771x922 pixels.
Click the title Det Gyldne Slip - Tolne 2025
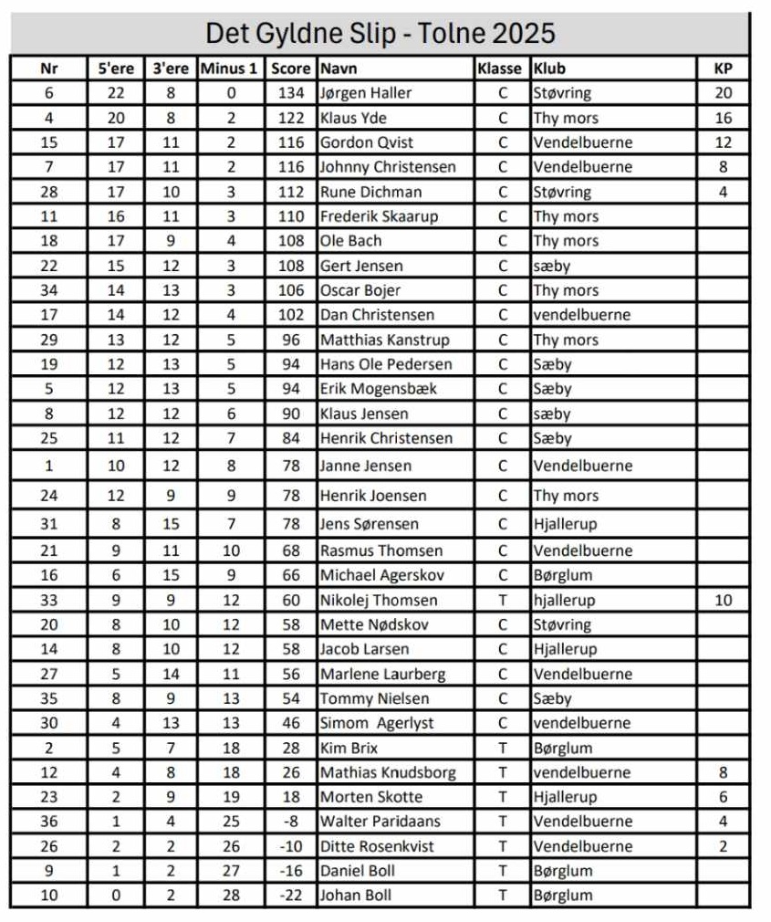[380, 34]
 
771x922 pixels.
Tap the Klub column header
[549, 68]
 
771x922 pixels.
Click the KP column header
[723, 68]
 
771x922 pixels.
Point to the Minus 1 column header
[229, 68]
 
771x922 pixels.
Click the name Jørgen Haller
[365, 93]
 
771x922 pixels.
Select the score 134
[290, 93]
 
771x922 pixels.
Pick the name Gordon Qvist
[366, 142]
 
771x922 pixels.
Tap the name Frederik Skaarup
[379, 216]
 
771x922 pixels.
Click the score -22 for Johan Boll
[290, 896]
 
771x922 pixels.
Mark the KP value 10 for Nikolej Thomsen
[723, 601]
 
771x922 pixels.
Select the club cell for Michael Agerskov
[563, 576]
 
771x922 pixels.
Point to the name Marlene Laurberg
[382, 675]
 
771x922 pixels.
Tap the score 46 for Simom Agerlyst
[290, 723]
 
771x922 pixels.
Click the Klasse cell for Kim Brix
[502, 749]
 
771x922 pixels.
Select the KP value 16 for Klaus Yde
[723, 118]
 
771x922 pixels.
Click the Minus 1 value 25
[229, 822]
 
